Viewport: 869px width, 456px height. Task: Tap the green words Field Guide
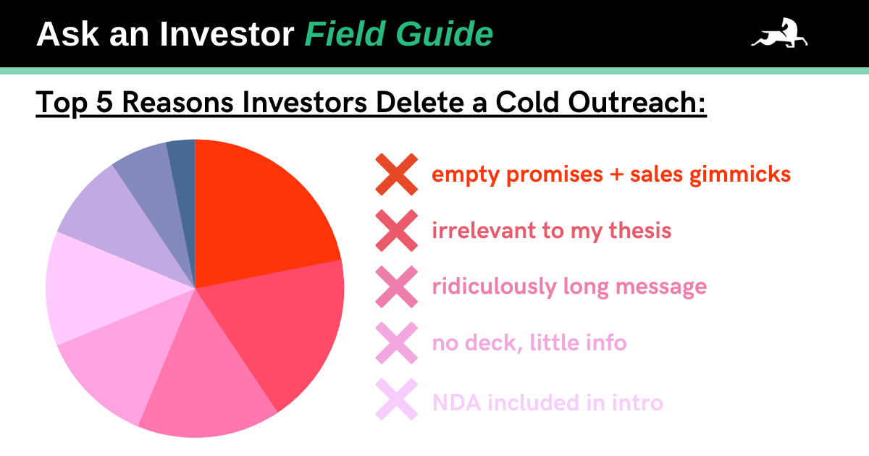point(398,34)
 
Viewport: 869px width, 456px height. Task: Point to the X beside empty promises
point(396,174)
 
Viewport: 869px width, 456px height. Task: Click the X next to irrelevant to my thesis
point(396,231)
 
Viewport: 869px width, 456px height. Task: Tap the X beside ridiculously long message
point(396,287)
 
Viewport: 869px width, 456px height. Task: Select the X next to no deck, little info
point(396,342)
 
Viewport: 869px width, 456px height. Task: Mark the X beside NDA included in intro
point(396,399)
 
